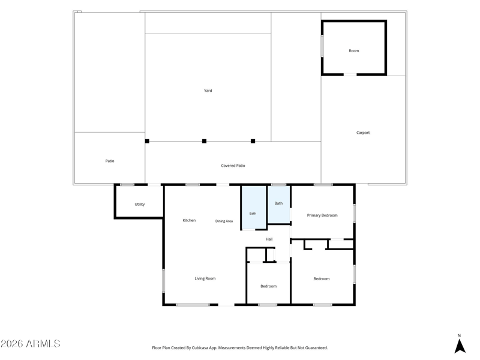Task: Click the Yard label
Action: pos(208,91)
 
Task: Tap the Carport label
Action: pos(363,133)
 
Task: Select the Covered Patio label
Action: pos(233,166)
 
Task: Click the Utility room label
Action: pos(140,204)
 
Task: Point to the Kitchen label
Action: pos(189,220)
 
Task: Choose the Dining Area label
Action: pos(224,221)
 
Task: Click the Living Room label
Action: pos(205,278)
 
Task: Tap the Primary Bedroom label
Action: pos(322,215)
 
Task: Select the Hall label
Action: pos(269,239)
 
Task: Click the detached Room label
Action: pos(354,51)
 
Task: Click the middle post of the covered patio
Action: pos(204,141)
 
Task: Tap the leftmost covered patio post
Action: pos(147,141)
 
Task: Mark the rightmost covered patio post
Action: pos(253,141)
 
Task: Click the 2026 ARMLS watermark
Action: pos(31,343)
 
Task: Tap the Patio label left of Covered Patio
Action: pos(110,161)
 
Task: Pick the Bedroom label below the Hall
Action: pos(268,286)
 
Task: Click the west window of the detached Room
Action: pos(322,46)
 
